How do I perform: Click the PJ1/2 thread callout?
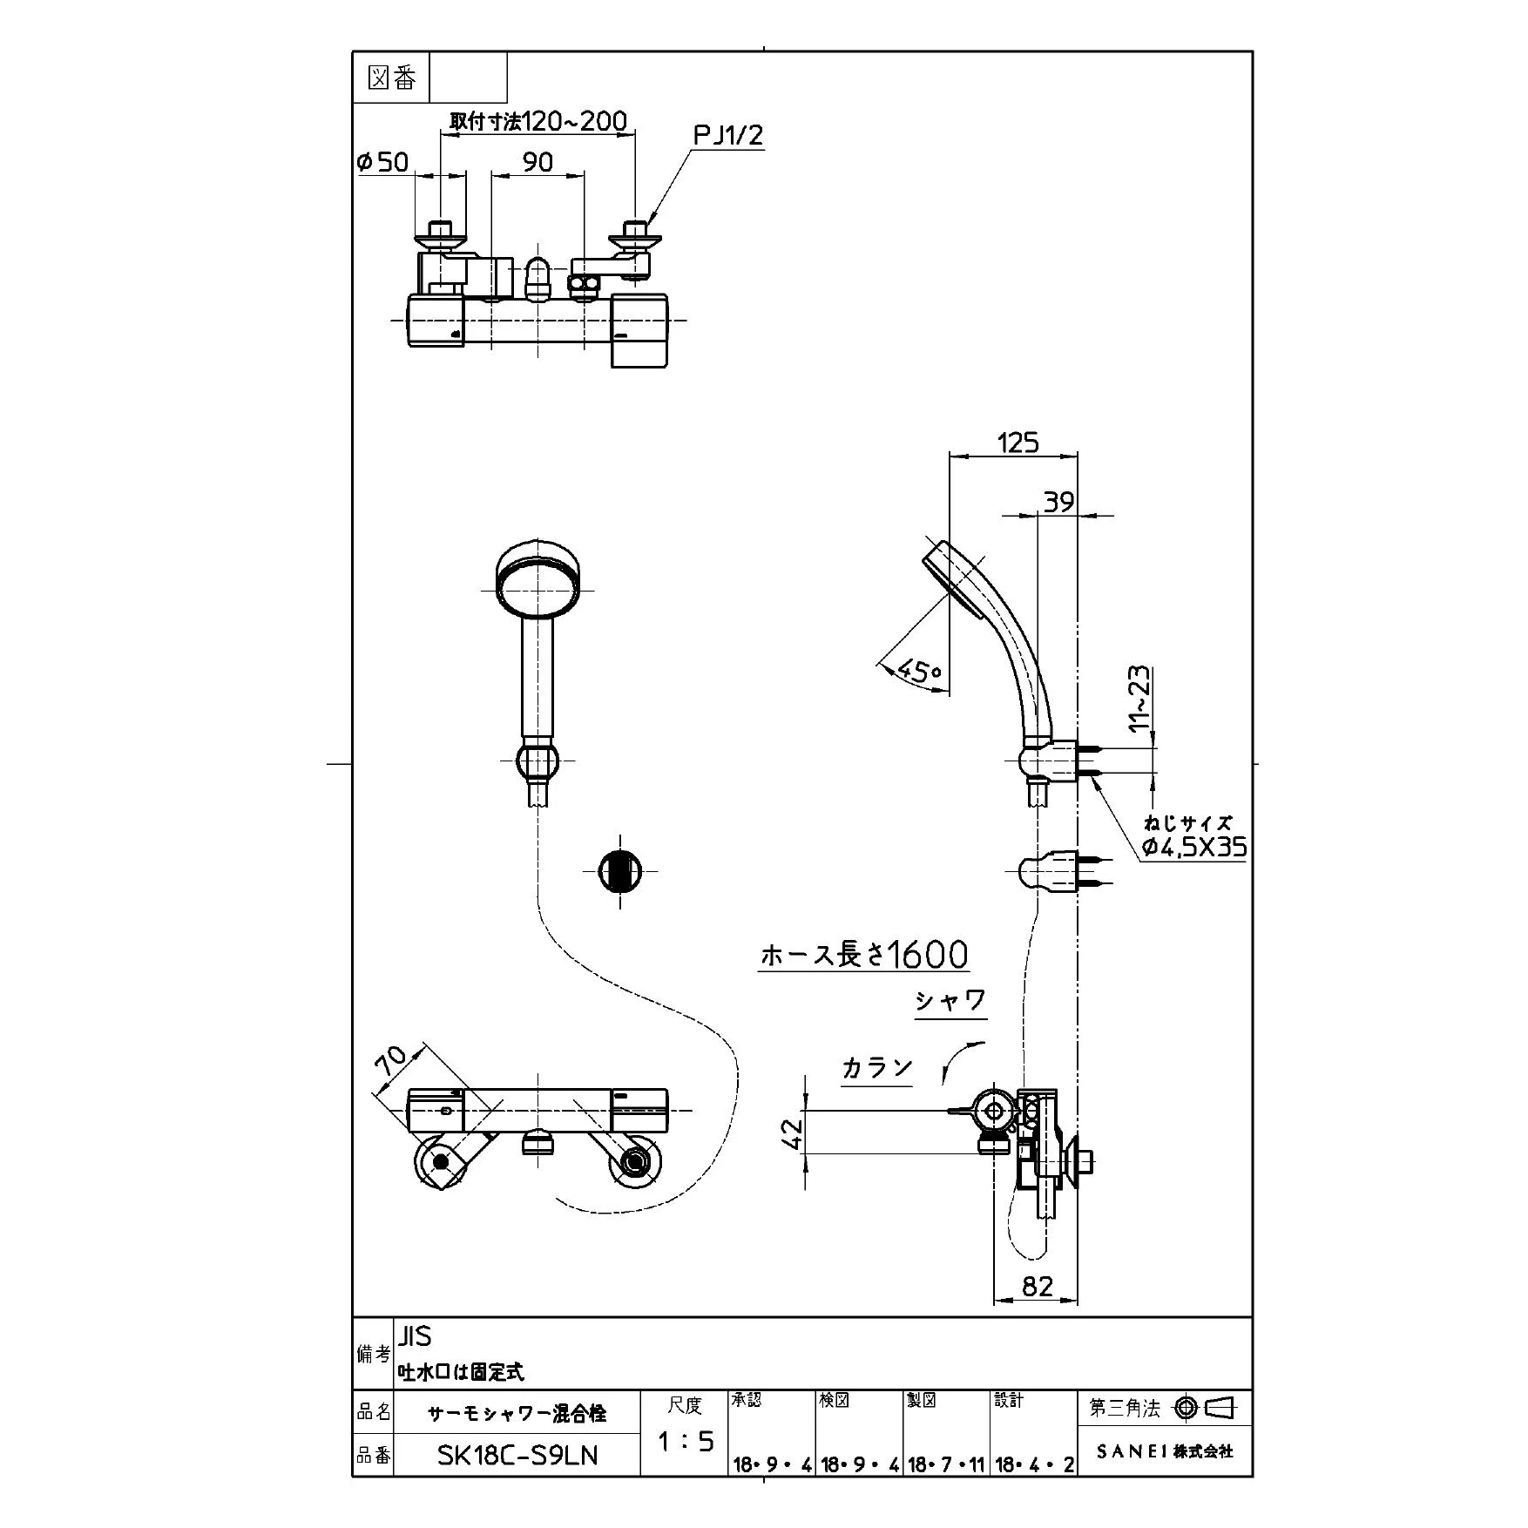coord(728,135)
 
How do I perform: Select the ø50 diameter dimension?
coord(382,161)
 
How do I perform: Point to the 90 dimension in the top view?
coord(538,161)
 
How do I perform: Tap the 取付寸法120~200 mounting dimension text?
coord(538,120)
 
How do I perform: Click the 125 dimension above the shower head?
coord(1018,443)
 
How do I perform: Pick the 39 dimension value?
coord(1058,502)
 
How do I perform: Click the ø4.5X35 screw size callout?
coord(1194,847)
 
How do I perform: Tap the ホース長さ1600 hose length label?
coord(863,956)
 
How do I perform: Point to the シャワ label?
coord(950,1001)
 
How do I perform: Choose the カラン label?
coord(876,1068)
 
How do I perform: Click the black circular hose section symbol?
coord(620,870)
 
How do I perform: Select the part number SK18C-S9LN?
coord(517,1456)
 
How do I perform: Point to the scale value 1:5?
coord(686,1442)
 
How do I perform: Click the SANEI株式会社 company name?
coord(1165,1451)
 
